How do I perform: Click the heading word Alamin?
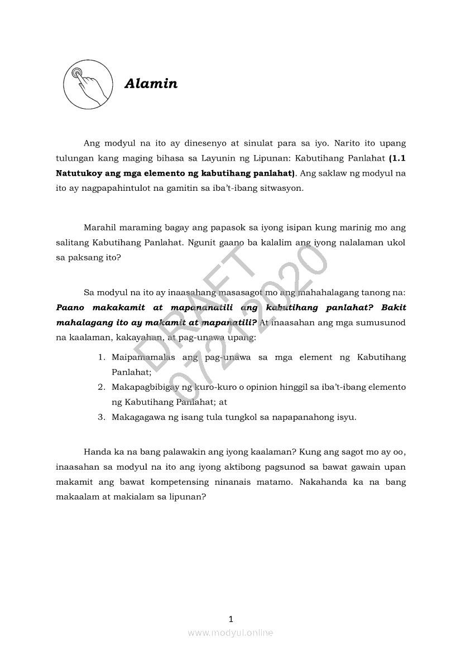click(x=151, y=84)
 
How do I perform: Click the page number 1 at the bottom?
click(x=231, y=619)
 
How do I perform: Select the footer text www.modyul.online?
click(x=231, y=632)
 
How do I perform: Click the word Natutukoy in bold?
click(x=81, y=173)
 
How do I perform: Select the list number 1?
click(x=102, y=357)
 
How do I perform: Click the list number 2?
click(x=102, y=387)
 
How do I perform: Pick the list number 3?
click(x=102, y=417)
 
